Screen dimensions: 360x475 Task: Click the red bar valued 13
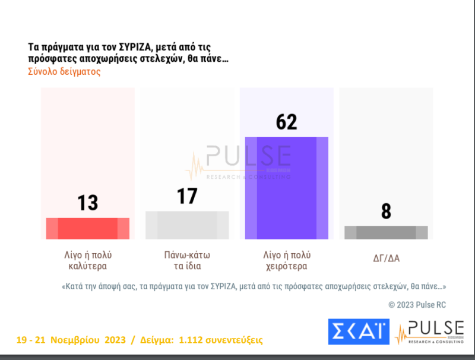click(88, 228)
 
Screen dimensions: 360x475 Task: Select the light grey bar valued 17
click(187, 225)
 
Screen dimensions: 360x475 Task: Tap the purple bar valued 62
click(287, 188)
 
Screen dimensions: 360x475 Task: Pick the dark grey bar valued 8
click(386, 232)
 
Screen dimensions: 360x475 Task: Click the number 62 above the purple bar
click(287, 122)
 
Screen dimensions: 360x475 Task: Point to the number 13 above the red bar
click(88, 203)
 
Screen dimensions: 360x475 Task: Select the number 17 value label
click(187, 195)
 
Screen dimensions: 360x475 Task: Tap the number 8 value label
click(386, 211)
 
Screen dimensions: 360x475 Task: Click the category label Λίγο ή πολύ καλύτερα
click(87, 261)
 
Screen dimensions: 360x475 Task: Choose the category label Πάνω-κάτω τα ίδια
click(187, 261)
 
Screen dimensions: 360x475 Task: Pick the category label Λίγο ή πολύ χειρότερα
click(287, 261)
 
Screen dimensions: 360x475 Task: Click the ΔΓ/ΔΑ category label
click(386, 258)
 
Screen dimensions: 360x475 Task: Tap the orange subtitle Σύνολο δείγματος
click(64, 72)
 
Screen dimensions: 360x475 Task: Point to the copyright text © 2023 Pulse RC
click(417, 305)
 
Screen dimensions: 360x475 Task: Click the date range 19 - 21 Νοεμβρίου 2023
click(71, 340)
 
